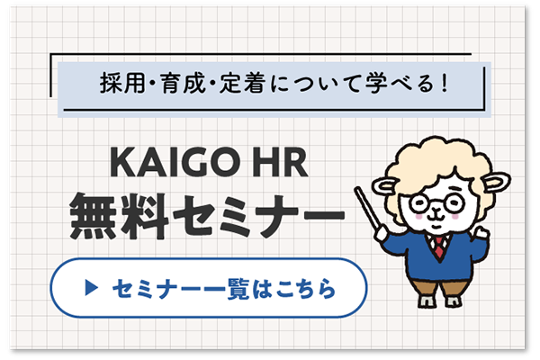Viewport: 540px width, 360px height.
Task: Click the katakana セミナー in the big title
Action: point(254,216)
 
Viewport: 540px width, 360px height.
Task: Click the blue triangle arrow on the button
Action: point(89,290)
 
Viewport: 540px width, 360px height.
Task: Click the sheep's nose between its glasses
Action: point(436,209)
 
